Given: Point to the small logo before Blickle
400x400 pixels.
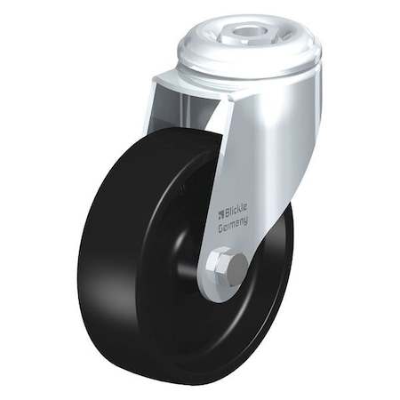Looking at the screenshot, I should [x=220, y=212].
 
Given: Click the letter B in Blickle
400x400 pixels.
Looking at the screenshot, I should [x=226, y=213].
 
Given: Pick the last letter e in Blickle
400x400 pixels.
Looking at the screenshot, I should [x=248, y=214].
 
